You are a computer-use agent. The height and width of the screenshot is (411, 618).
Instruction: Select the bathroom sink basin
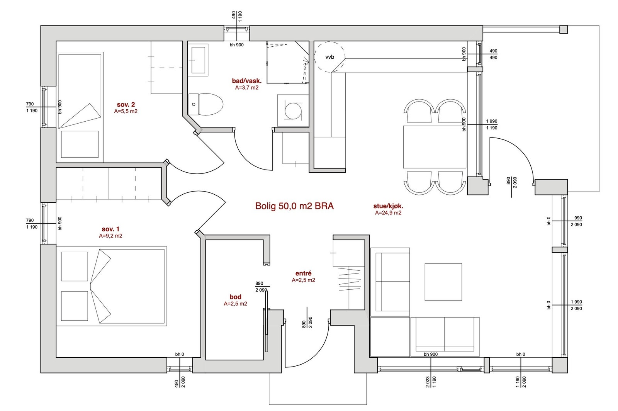198,60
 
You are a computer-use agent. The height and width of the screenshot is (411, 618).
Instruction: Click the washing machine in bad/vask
293,110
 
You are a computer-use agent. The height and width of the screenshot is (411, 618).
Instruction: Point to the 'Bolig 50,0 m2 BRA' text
294,206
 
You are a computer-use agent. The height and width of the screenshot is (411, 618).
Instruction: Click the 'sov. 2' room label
126,104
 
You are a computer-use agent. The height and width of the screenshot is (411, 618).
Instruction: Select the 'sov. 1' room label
110,229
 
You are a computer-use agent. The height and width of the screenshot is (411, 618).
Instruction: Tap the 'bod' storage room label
235,297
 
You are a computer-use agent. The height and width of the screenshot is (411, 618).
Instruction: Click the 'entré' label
303,273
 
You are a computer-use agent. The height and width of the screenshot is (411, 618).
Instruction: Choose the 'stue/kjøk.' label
388,206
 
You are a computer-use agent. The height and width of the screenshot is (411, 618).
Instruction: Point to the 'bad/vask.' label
247,81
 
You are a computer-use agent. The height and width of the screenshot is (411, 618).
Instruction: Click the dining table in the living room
435,147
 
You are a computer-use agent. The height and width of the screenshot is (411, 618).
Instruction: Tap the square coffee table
443,282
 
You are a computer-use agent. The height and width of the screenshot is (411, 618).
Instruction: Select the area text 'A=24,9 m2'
388,213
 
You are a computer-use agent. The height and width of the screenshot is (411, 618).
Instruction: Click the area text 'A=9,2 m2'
110,236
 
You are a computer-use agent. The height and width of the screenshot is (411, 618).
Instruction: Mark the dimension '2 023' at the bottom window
428,382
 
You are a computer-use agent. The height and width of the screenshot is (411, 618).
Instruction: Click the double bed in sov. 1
112,286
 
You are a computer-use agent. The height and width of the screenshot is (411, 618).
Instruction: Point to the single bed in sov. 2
80,107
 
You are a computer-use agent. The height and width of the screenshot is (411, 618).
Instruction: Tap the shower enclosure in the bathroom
287,62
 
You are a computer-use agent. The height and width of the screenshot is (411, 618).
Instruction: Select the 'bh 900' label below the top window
237,45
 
